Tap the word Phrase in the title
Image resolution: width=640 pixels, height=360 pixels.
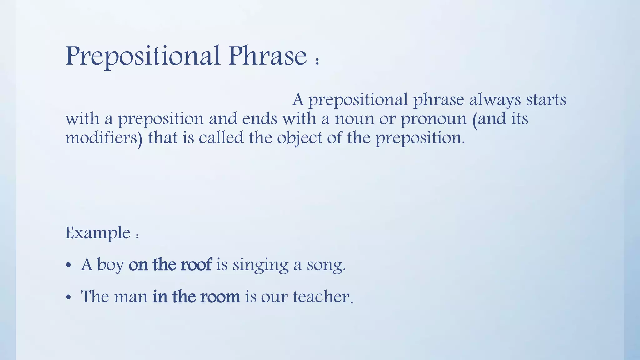click(267, 56)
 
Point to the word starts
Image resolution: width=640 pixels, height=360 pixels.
click(546, 100)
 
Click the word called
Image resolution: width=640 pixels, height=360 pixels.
click(221, 137)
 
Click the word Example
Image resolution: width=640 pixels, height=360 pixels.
click(98, 233)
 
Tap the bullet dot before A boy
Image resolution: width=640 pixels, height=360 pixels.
click(69, 266)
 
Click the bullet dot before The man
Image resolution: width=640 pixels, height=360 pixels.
click(69, 298)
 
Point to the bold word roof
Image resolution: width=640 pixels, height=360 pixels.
click(196, 264)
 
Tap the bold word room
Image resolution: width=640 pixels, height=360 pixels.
click(220, 297)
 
